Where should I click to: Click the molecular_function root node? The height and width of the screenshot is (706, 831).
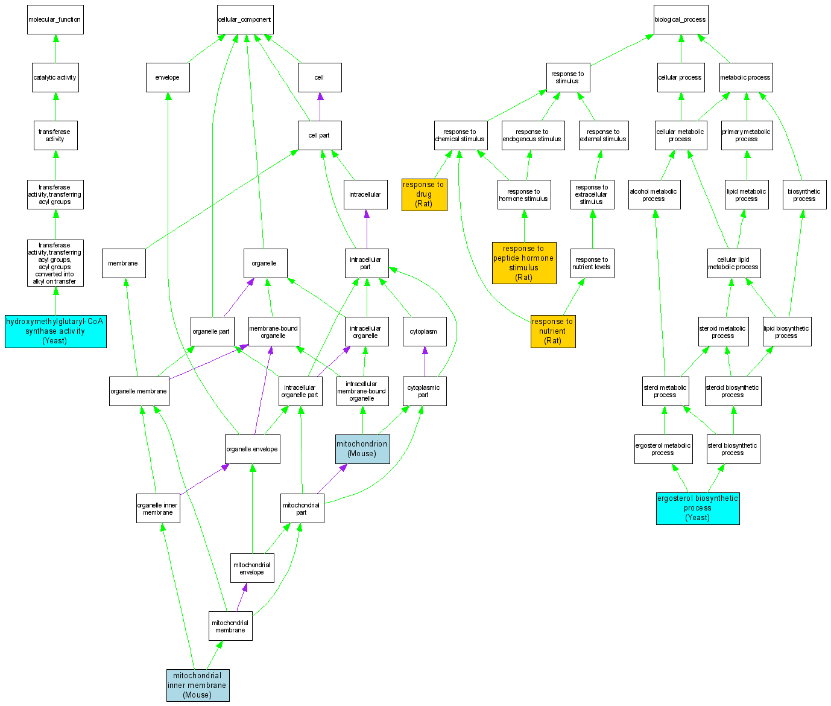click(x=55, y=20)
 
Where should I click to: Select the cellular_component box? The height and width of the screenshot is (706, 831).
click(x=245, y=20)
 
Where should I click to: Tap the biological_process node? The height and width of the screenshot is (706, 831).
click(x=680, y=20)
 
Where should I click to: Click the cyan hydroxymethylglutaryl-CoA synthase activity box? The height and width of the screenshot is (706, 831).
click(x=55, y=331)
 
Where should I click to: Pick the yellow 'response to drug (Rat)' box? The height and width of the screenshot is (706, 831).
click(x=424, y=194)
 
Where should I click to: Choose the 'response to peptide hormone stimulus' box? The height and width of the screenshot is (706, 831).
click(x=523, y=263)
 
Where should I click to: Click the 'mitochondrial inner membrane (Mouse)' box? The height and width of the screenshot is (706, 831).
click(x=198, y=685)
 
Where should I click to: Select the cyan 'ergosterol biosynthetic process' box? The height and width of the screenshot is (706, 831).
click(x=698, y=508)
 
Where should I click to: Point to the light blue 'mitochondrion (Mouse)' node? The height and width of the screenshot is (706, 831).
click(x=362, y=449)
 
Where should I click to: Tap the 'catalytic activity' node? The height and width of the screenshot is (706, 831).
click(x=55, y=78)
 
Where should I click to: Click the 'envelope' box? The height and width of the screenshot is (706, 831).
click(x=168, y=78)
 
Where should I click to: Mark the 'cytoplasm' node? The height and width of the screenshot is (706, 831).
click(x=424, y=332)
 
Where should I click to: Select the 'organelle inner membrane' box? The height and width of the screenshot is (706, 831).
click(x=158, y=509)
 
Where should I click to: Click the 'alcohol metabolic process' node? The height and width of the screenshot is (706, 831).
click(x=654, y=195)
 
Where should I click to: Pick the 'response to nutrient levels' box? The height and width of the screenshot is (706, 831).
click(x=592, y=264)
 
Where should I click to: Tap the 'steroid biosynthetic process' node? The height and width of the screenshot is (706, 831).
click(x=733, y=391)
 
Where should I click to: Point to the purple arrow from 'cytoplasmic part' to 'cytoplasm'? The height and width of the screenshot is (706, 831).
click(x=425, y=361)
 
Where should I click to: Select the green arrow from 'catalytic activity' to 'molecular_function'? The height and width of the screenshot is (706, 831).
click(x=55, y=49)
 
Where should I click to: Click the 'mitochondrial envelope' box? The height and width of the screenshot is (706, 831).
click(x=252, y=568)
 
